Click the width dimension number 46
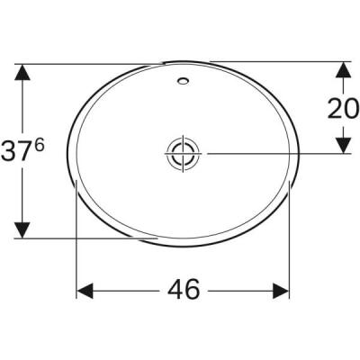(183, 291)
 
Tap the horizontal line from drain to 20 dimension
(270, 152)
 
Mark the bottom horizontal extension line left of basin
(90, 239)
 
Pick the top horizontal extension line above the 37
(90, 62)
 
